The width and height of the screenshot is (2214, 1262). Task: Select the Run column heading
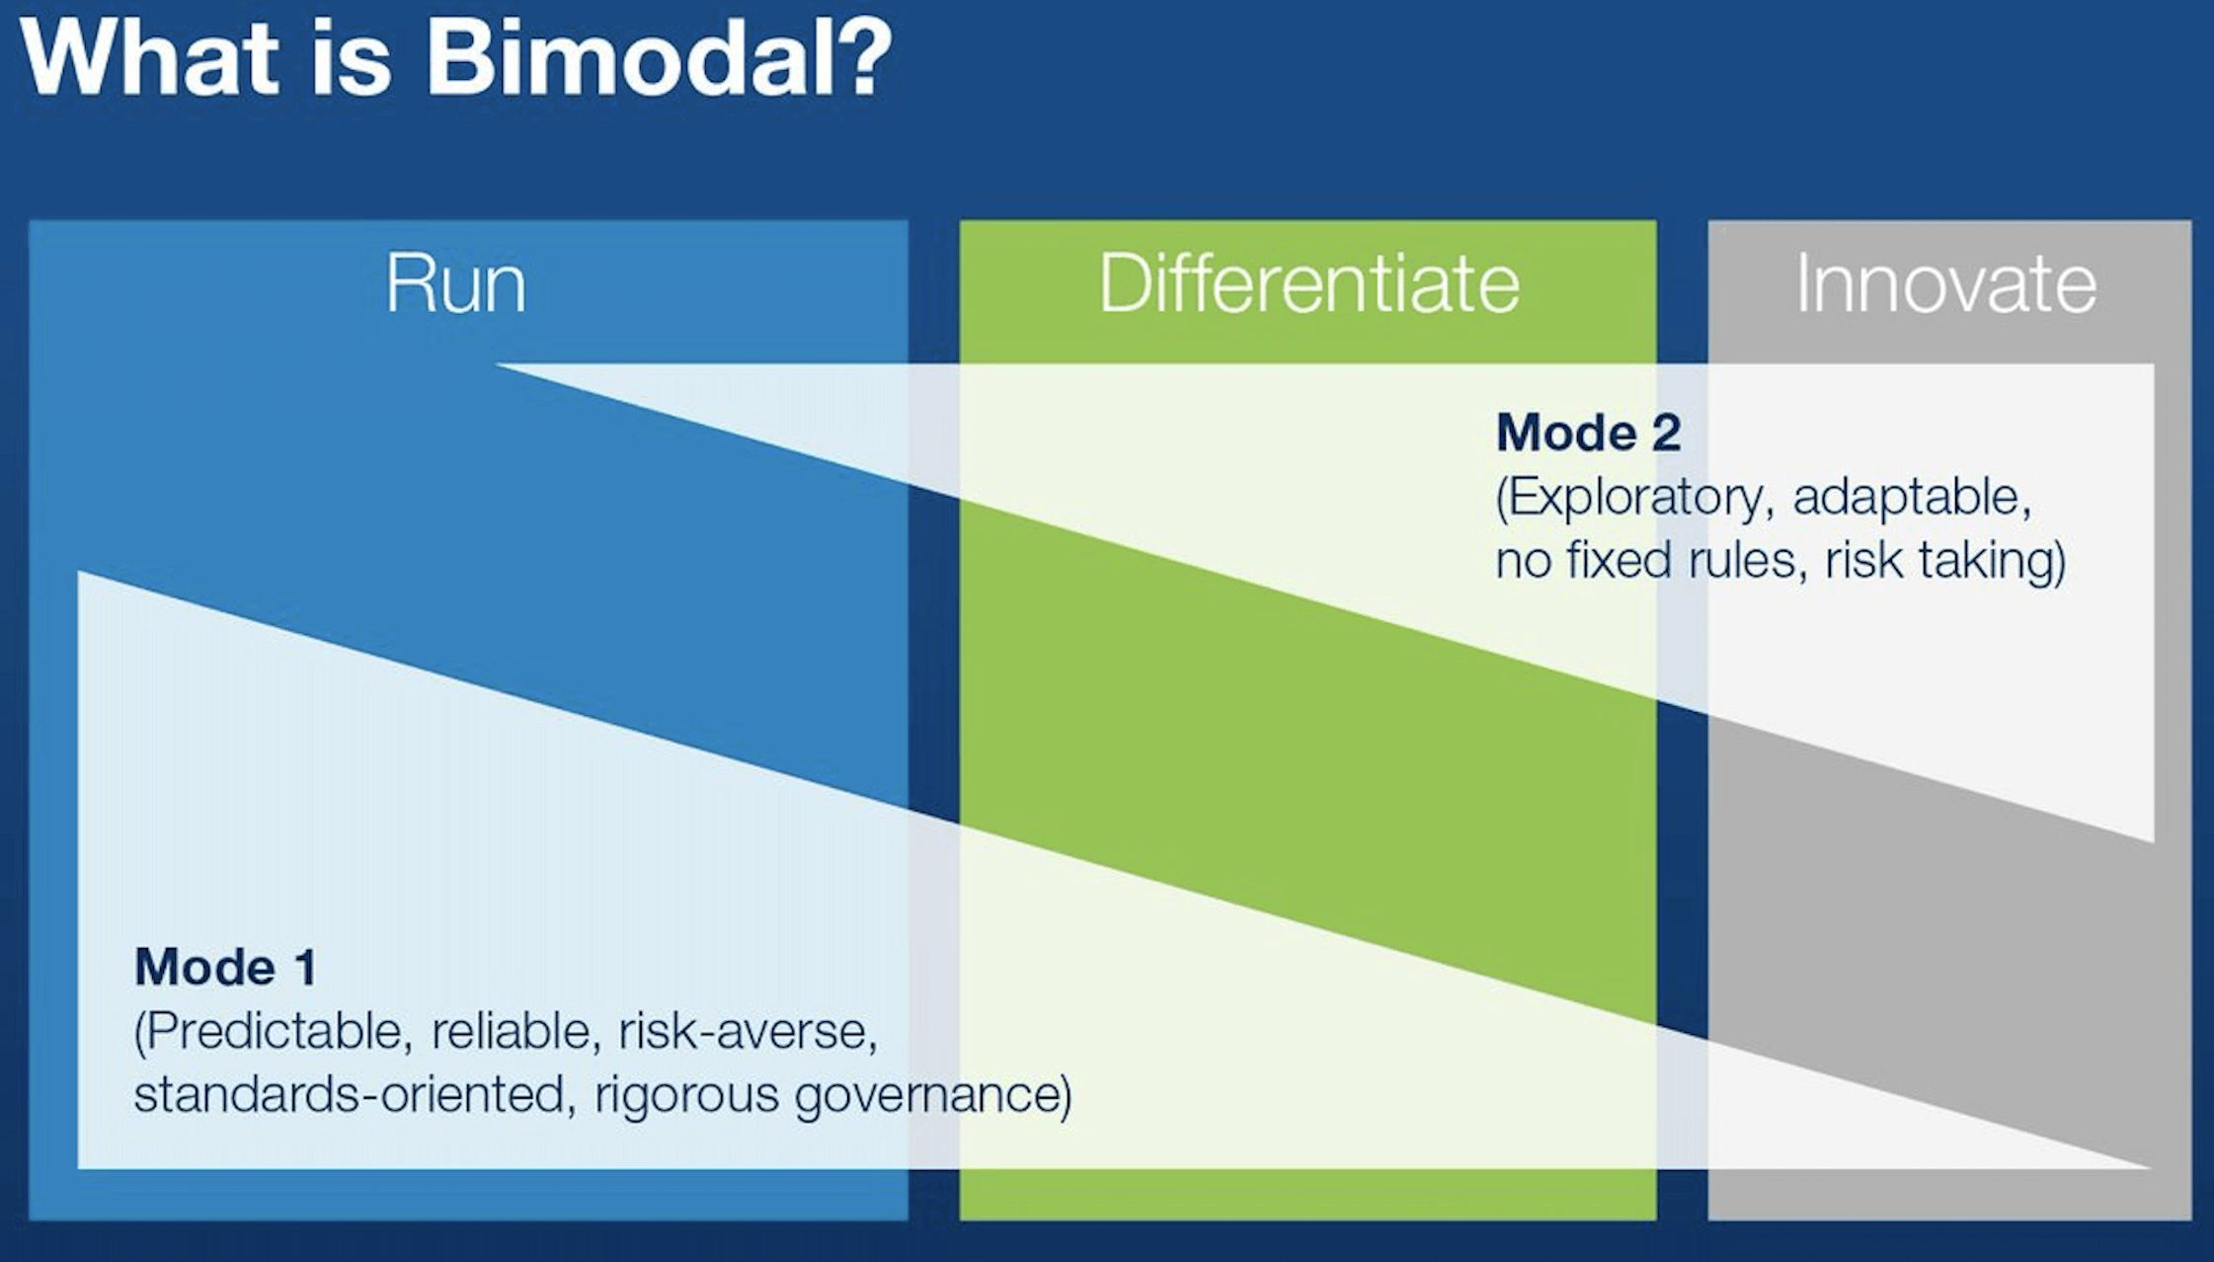[x=455, y=284]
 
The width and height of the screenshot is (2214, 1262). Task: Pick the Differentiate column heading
[x=1309, y=283]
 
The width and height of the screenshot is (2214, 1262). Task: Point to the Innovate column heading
[x=1945, y=283]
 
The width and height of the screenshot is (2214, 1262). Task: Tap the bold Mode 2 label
[x=1588, y=433]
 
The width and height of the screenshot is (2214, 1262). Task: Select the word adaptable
[x=1912, y=497]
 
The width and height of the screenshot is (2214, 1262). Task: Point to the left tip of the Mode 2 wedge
[x=497, y=365]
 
